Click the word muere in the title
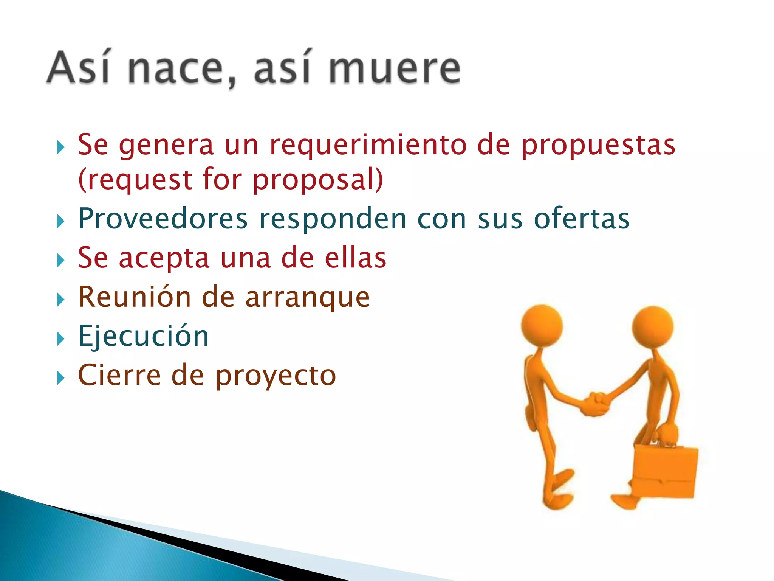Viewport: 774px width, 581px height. pyautogui.click(x=394, y=68)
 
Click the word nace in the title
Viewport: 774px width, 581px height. pyautogui.click(x=176, y=68)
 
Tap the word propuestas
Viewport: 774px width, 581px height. pyautogui.click(x=598, y=146)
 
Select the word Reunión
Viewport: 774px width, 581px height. pyautogui.click(x=135, y=297)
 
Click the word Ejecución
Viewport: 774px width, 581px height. pyautogui.click(x=143, y=337)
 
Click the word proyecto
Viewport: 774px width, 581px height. pyautogui.click(x=276, y=377)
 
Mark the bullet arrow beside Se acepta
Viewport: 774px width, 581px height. pyautogui.click(x=60, y=260)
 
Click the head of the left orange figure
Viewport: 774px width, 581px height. pyautogui.click(x=542, y=326)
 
